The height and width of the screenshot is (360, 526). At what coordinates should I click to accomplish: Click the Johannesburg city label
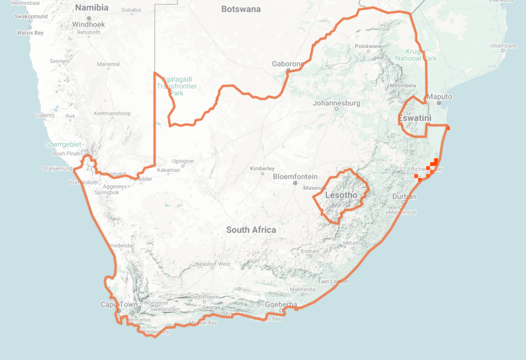pyautogui.click(x=336, y=103)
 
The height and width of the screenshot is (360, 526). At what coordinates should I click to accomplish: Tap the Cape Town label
pyautogui.click(x=119, y=305)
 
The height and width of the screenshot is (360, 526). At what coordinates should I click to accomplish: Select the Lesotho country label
pyautogui.click(x=342, y=195)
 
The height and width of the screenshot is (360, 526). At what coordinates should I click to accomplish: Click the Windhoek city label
pyautogui.click(x=88, y=24)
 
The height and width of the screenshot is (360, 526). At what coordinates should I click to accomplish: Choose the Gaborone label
pyautogui.click(x=288, y=64)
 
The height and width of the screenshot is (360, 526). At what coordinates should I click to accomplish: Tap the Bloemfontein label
pyautogui.click(x=295, y=176)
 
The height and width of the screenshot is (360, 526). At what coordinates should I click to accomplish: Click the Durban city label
pyautogui.click(x=404, y=197)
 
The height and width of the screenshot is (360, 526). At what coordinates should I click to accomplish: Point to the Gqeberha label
pyautogui.click(x=281, y=305)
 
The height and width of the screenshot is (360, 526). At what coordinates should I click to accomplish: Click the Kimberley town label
pyautogui.click(x=262, y=168)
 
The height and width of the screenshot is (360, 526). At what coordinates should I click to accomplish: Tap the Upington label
pyautogui.click(x=183, y=161)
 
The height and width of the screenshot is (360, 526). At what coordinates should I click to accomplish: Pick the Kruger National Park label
pyautogui.click(x=416, y=54)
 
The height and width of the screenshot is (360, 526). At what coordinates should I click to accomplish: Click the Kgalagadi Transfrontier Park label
pyautogui.click(x=170, y=86)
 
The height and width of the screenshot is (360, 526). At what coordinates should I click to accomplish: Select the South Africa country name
pyautogui.click(x=251, y=230)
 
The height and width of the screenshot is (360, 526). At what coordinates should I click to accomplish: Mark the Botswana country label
pyautogui.click(x=241, y=9)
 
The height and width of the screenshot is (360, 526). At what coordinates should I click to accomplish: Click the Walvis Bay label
pyautogui.click(x=30, y=33)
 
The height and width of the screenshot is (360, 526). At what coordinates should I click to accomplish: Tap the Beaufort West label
pyautogui.click(x=213, y=264)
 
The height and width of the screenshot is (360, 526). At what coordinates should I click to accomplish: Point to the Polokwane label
pyautogui.click(x=368, y=46)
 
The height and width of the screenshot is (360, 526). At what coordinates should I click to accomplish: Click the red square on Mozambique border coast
pyautogui.click(x=448, y=128)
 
